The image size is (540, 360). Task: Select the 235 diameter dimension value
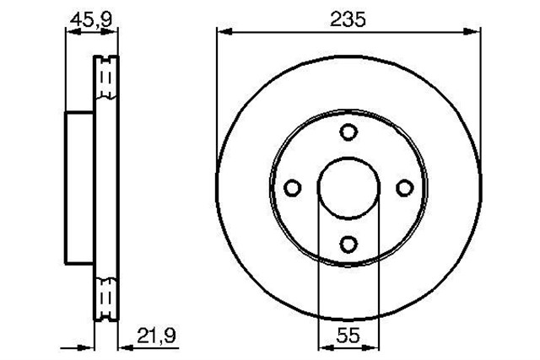click(x=348, y=19)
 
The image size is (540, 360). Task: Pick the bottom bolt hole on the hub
click(x=348, y=244)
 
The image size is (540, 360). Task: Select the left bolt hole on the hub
click(x=292, y=187)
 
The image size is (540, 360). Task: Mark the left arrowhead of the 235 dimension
click(x=224, y=31)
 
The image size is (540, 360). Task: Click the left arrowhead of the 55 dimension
click(x=323, y=346)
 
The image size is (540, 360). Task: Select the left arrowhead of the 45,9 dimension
click(x=71, y=31)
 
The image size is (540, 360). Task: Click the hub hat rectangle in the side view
click(x=79, y=187)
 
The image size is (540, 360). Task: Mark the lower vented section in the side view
click(x=106, y=296)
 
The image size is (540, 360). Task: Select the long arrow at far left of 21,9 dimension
click(x=80, y=346)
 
